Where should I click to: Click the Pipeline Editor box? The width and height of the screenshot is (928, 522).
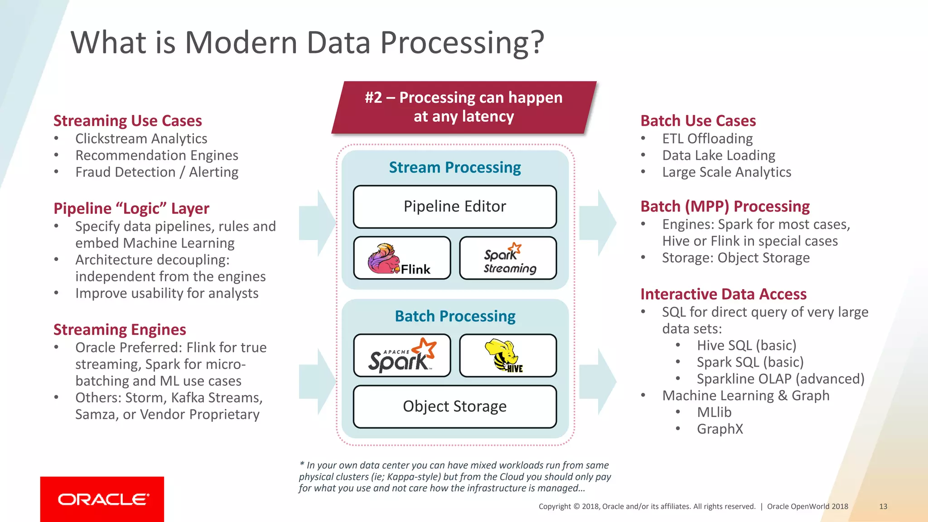[x=454, y=207]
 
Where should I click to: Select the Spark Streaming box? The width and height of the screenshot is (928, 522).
[x=508, y=258]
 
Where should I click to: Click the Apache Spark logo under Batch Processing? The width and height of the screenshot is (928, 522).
[x=402, y=356]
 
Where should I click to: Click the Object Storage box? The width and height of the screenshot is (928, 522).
[x=454, y=406]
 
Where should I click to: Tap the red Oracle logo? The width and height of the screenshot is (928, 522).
[x=102, y=499]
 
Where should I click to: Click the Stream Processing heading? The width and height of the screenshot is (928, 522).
[x=454, y=168]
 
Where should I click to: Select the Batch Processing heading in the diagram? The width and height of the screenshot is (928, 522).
[x=454, y=316]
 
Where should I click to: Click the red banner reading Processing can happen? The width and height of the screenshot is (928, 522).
[x=464, y=107]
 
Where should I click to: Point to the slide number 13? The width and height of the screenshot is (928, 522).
[x=883, y=507]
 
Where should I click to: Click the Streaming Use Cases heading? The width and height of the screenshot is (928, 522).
[x=127, y=121]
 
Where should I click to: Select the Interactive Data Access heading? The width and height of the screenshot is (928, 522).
[x=723, y=295]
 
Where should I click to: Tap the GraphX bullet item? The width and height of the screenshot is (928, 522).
[x=720, y=429]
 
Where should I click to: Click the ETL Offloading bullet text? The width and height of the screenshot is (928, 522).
[x=707, y=139]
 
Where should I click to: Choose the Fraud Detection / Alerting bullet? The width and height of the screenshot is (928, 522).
[x=157, y=172]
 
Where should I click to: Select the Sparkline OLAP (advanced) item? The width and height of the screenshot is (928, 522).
[x=780, y=379]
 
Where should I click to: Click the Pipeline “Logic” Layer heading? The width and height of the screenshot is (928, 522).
[x=131, y=208]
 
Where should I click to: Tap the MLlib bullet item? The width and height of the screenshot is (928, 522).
[x=714, y=412]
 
